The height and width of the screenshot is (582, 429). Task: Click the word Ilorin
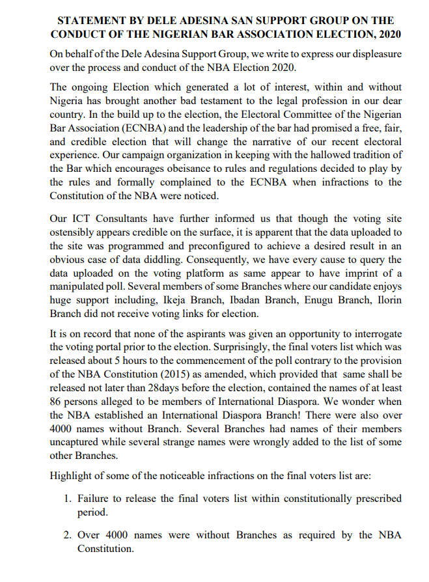point(389,300)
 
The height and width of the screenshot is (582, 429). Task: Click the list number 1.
point(68,499)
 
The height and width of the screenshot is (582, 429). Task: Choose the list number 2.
point(68,535)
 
